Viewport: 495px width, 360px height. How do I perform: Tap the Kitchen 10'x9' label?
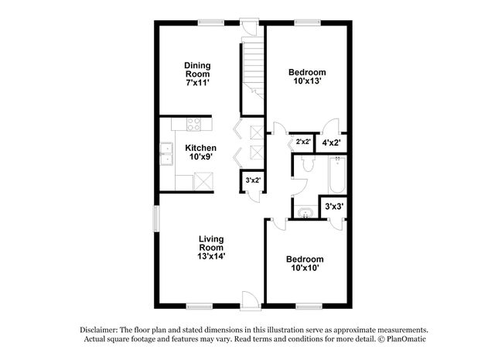click(x=200, y=152)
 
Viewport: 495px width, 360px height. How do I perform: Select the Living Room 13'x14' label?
click(x=210, y=246)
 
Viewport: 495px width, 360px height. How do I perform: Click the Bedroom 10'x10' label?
click(x=304, y=263)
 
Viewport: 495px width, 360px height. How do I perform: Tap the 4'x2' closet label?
click(x=331, y=142)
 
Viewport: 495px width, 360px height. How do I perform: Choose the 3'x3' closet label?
click(x=334, y=207)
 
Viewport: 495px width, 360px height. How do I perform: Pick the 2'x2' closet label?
click(x=303, y=142)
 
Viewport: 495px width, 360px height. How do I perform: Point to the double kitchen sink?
click(x=166, y=155)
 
